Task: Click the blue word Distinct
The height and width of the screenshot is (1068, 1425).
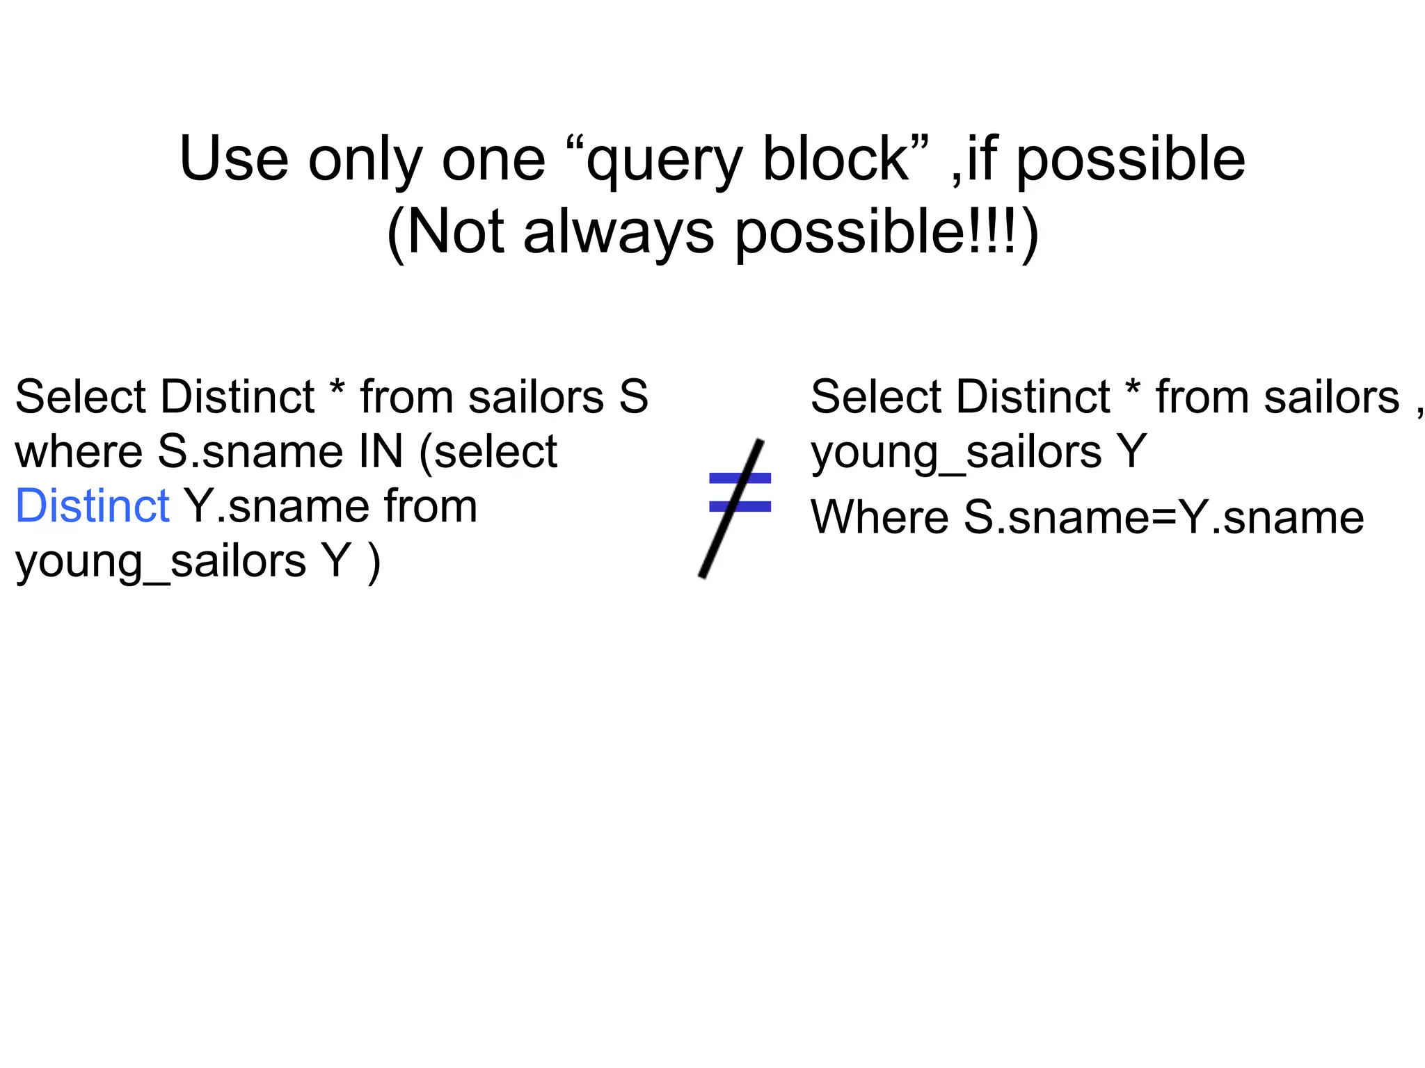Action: point(92,506)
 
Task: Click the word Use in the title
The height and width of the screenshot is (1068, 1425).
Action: point(234,159)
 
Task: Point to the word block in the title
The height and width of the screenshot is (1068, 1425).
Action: point(835,159)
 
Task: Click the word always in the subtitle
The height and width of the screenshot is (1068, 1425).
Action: point(618,232)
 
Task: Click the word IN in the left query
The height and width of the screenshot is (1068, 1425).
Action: point(380,452)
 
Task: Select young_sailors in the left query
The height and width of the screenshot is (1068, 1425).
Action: point(160,562)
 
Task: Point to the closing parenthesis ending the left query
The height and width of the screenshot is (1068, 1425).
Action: point(375,562)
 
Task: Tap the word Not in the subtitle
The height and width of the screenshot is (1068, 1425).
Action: point(455,232)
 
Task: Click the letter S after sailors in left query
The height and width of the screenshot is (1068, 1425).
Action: point(633,397)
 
